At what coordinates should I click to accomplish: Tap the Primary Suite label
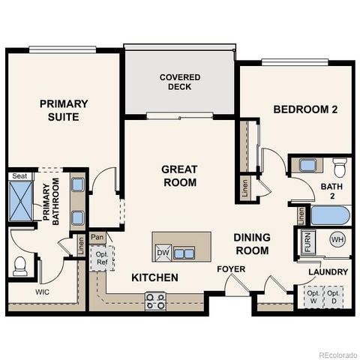(64, 110)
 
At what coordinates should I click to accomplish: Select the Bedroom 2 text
(305, 109)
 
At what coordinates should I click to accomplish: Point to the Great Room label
(179, 175)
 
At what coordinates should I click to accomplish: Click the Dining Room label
(250, 244)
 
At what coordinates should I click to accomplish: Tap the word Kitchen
(154, 277)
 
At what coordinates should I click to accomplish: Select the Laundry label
(328, 271)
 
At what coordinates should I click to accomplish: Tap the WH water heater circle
(337, 241)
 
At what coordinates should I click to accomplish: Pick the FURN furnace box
(307, 242)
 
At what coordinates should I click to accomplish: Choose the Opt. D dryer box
(334, 297)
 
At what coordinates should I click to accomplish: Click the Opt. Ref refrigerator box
(101, 259)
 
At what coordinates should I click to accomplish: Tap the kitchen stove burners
(155, 301)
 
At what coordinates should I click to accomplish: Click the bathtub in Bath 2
(330, 216)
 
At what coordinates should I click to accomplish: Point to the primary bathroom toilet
(20, 265)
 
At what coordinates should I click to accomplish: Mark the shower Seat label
(19, 176)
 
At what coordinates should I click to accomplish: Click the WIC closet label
(43, 292)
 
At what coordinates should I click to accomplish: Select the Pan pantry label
(97, 237)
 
